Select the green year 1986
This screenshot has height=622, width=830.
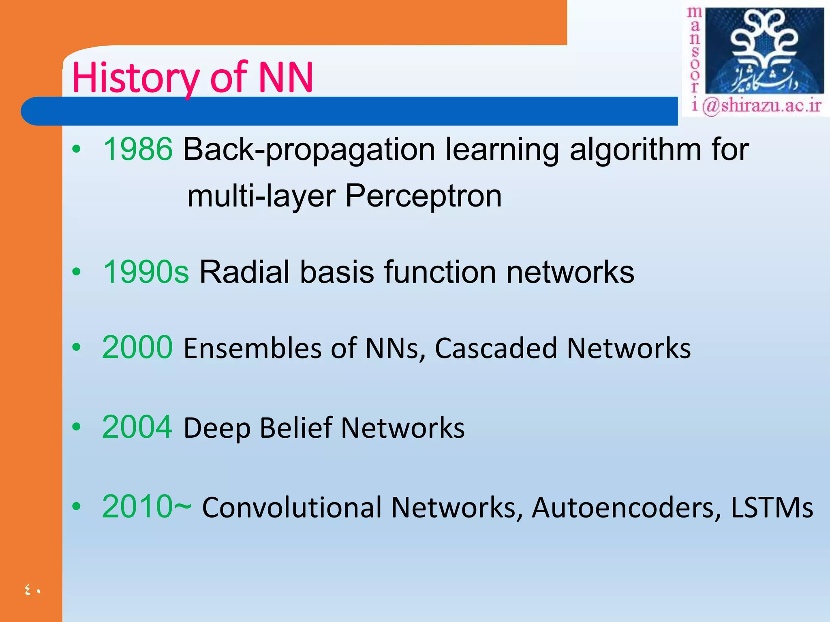pyautogui.click(x=138, y=149)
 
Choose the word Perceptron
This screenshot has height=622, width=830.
pyautogui.click(x=423, y=196)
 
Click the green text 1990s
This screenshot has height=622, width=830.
pyautogui.click(x=145, y=272)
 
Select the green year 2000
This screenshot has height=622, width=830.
pyautogui.click(x=137, y=347)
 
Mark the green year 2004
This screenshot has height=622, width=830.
pyautogui.click(x=137, y=427)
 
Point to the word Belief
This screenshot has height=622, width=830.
pyautogui.click(x=296, y=428)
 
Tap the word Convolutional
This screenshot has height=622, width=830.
pyautogui.click(x=292, y=507)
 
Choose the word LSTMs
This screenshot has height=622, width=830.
pyautogui.click(x=772, y=507)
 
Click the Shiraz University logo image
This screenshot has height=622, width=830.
pyautogui.click(x=764, y=51)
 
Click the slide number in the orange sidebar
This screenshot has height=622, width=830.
pyautogui.click(x=33, y=590)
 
